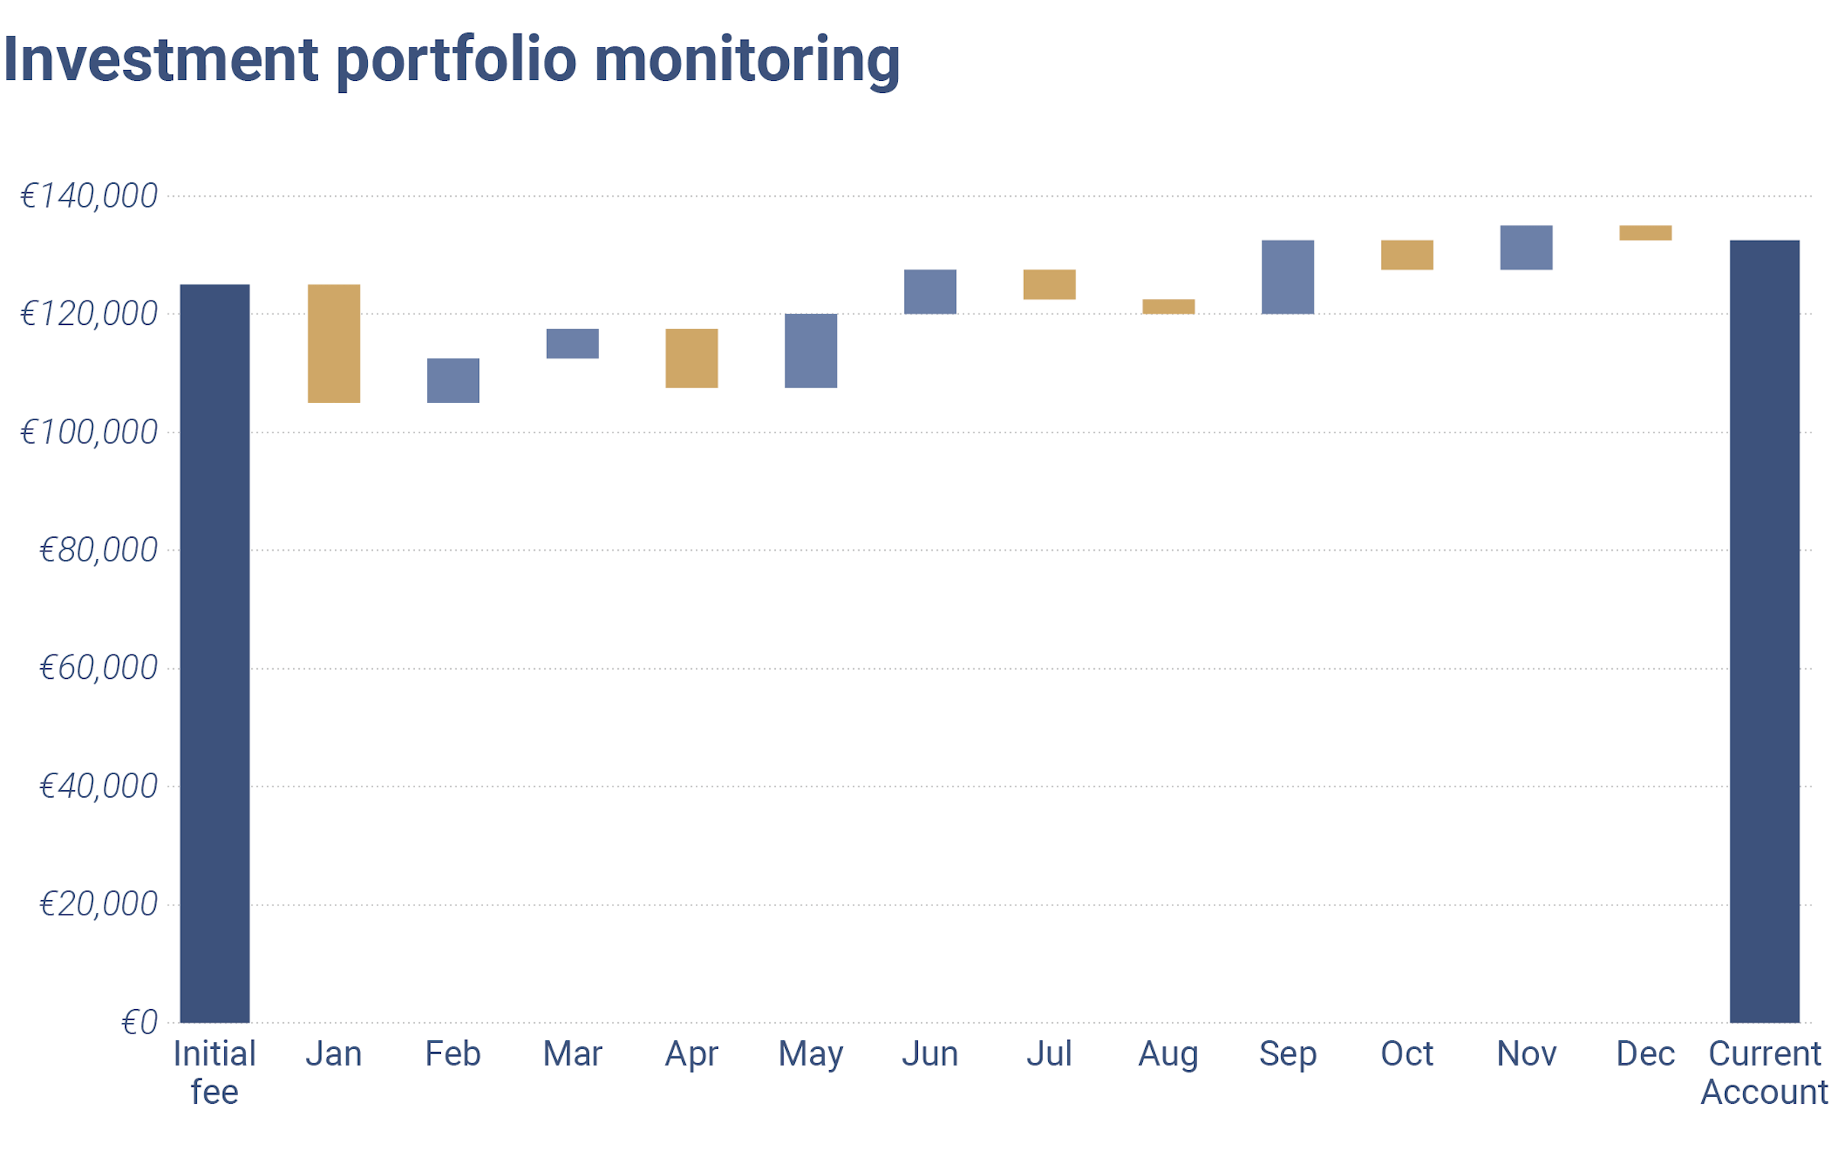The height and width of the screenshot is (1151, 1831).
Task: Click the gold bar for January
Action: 333,343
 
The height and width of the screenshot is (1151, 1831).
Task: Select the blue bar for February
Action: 452,380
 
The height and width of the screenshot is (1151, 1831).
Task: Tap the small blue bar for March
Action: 572,343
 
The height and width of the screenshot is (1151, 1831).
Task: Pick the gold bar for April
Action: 691,358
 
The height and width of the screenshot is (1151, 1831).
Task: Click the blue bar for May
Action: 810,350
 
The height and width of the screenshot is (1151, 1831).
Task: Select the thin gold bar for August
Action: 1168,306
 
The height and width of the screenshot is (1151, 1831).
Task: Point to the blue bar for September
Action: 1287,277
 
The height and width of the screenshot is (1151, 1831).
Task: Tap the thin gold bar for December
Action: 1645,233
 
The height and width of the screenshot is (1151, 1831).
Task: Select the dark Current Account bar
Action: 1764,631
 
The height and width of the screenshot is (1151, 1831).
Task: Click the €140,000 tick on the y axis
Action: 88,196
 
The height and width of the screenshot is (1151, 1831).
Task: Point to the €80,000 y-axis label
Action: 98,550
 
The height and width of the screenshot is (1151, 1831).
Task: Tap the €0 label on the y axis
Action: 139,1022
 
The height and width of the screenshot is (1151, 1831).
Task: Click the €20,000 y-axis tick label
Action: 98,904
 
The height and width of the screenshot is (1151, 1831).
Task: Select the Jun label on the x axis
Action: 929,1053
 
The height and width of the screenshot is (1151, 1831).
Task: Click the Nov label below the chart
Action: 1526,1053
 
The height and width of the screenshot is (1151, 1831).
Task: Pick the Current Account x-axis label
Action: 1764,1072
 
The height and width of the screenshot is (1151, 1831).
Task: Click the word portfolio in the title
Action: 456,61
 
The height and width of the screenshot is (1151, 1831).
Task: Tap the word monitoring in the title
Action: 747,61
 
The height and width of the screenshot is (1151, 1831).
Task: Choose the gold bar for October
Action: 1406,255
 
